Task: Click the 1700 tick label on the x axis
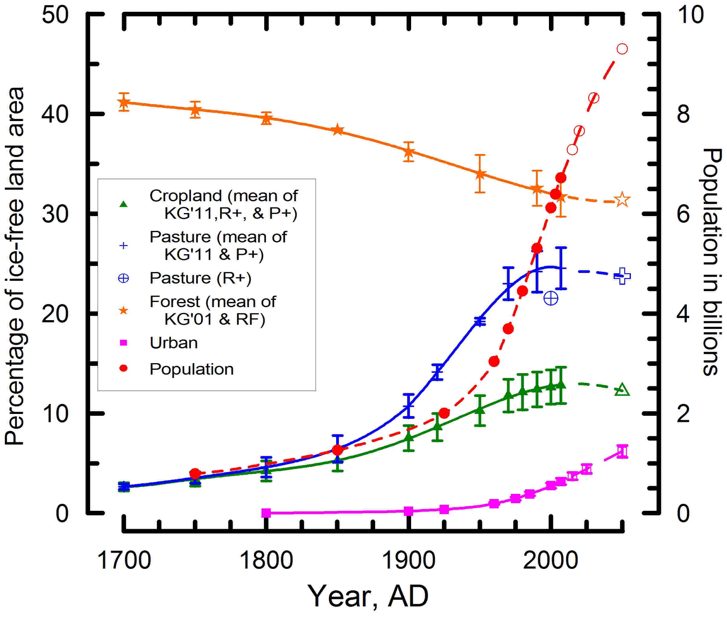pos(124,560)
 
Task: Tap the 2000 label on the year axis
pos(550,560)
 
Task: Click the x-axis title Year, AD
pos(368,596)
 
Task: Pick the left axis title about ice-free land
pos(15,266)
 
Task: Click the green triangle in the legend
pos(124,204)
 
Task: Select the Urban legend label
pos(174,343)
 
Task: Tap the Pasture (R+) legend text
pos(200,278)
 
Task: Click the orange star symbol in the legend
pos(124,310)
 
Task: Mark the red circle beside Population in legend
pos(124,368)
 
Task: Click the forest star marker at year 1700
pos(124,103)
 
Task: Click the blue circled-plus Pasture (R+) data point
pos(551,298)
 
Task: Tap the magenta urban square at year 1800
pos(266,513)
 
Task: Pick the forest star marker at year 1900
pos(408,152)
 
